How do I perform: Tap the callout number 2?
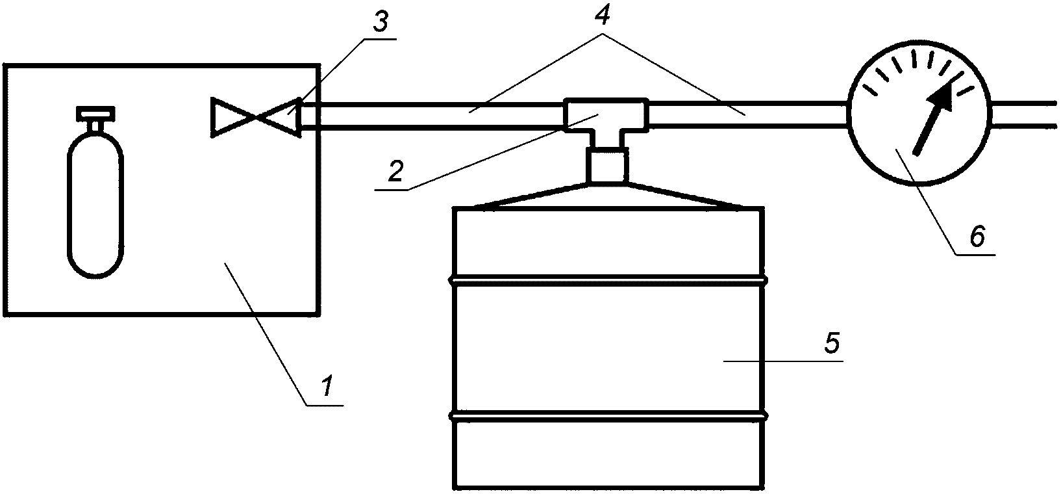click(395, 171)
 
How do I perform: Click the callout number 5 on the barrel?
click(832, 343)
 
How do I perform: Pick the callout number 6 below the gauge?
click(977, 237)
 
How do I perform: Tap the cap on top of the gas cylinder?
click(95, 114)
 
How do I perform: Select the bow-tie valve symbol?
click(255, 118)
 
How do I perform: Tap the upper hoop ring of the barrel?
click(608, 281)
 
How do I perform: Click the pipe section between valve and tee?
click(432, 115)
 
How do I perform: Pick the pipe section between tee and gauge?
click(747, 114)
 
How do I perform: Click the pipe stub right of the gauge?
click(1025, 115)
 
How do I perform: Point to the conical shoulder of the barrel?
click(608, 196)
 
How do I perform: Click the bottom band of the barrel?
click(608, 455)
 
